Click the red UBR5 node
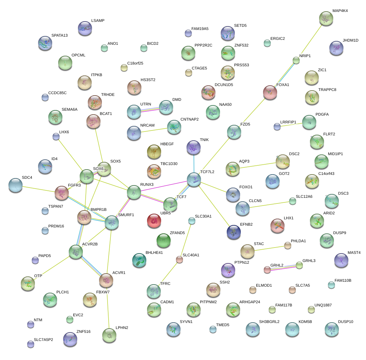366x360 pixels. coord(154,220)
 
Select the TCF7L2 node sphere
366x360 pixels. coord(194,180)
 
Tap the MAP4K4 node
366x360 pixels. coord(325,18)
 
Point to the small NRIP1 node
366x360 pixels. coord(296,60)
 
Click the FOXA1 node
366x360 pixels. coord(270,92)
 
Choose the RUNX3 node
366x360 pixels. coord(134,192)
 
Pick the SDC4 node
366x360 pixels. coord(15,185)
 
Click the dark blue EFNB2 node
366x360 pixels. coord(234,232)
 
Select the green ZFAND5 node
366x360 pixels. coord(163,240)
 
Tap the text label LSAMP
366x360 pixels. coord(98,21)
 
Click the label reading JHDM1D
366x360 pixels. coord(350,41)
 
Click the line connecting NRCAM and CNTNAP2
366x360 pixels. coord(154,130)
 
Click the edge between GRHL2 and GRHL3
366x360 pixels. coord(283,268)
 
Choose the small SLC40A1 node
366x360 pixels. coord(179,260)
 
